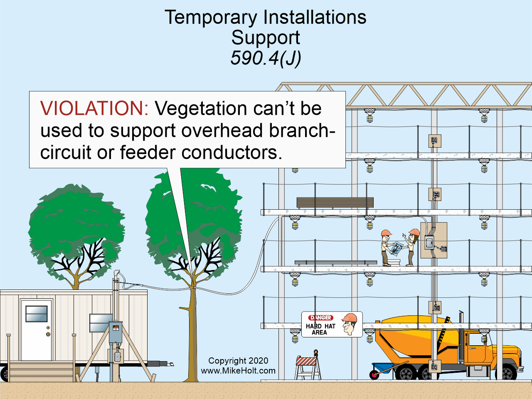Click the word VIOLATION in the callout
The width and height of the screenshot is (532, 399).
[x=94, y=109]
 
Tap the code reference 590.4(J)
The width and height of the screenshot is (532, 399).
[x=266, y=58]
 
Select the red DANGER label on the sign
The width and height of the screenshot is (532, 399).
[x=320, y=318]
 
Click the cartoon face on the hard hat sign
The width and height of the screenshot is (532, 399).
[x=349, y=325]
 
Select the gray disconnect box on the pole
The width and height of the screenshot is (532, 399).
[x=116, y=332]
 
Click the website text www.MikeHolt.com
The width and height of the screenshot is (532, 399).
[x=238, y=371]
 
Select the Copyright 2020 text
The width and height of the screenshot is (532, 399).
[x=238, y=361]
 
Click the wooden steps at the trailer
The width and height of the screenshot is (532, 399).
[x=41, y=371]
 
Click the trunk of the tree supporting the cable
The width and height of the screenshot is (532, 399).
[x=192, y=333]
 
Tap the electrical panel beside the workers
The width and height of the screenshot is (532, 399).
[x=433, y=240]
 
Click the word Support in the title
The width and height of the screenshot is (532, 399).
[x=266, y=38]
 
